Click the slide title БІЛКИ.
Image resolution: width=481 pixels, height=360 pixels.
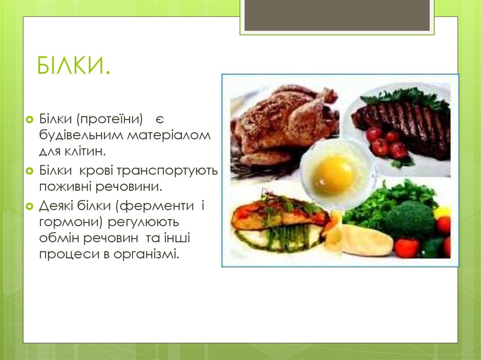tap(74, 66)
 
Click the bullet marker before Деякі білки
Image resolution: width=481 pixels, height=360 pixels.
tap(30, 205)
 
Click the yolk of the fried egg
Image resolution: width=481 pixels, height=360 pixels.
tap(333, 175)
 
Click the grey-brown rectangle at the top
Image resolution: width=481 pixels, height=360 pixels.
tap(337, 15)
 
